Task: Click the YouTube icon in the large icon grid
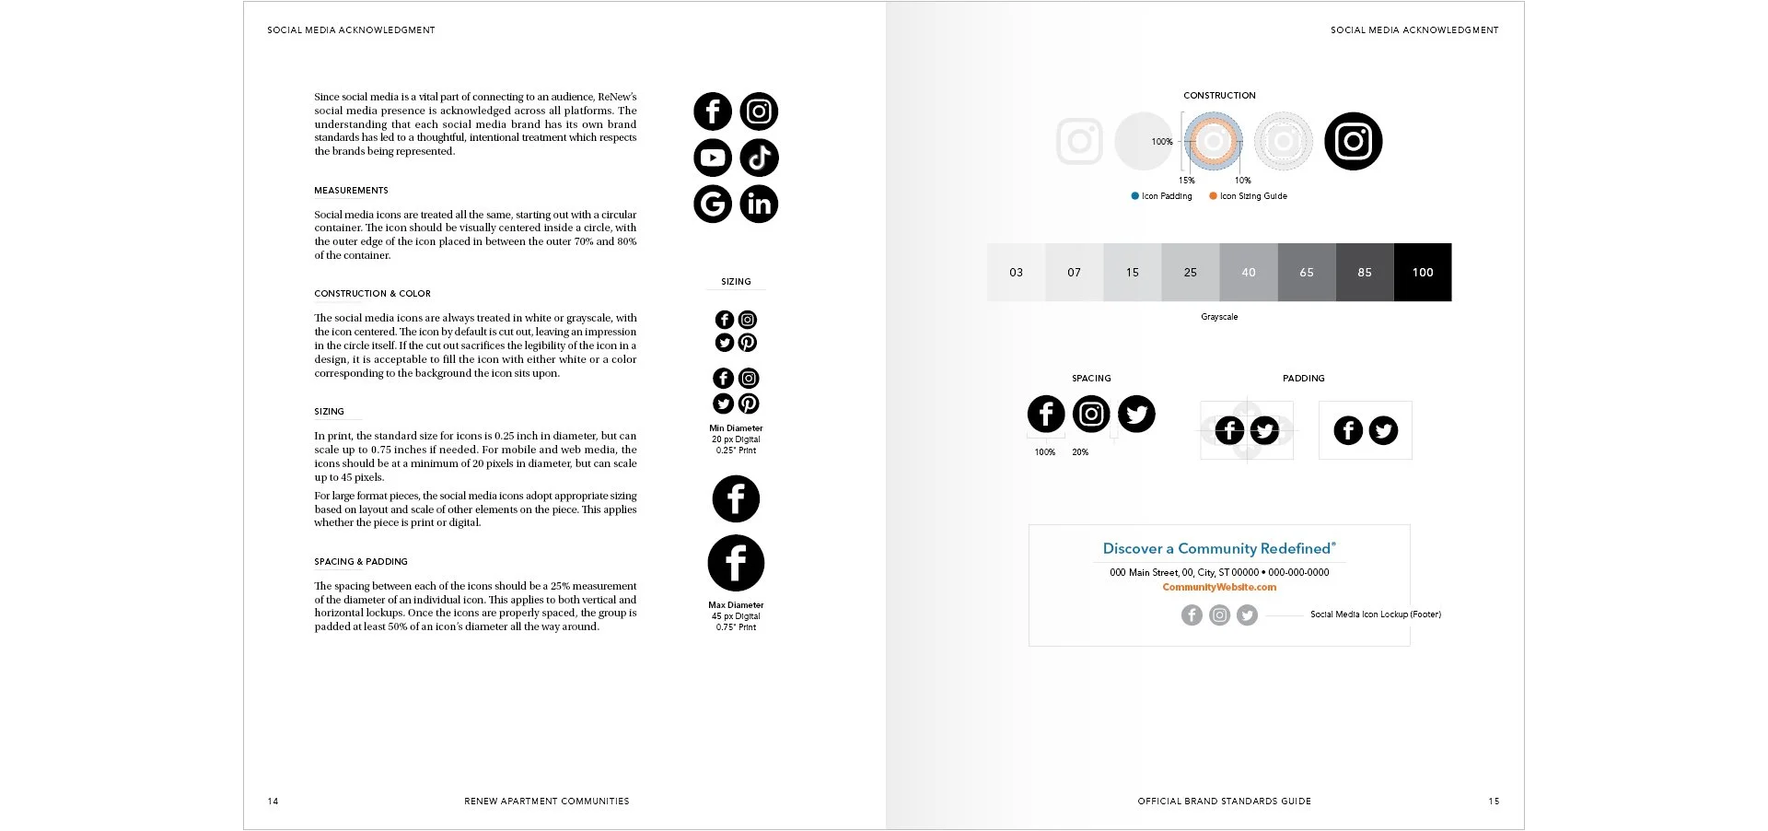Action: point(713,158)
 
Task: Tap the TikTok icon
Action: point(759,158)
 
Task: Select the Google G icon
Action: point(713,204)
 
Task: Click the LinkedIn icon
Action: point(759,204)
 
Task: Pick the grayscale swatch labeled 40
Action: point(1249,272)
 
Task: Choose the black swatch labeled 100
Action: point(1423,272)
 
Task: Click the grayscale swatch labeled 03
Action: point(1017,272)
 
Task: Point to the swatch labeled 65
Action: point(1307,272)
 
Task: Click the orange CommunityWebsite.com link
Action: point(1219,587)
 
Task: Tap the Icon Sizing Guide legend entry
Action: point(1248,196)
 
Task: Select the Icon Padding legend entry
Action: point(1161,196)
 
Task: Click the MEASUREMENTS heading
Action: point(351,191)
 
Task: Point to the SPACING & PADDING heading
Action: point(361,562)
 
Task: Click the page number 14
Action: point(273,802)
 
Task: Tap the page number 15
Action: point(1494,802)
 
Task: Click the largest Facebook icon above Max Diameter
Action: point(736,563)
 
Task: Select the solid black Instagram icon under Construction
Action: point(1353,141)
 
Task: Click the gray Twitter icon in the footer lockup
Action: point(1247,614)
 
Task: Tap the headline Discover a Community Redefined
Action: point(1219,548)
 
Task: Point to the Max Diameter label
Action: point(736,605)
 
